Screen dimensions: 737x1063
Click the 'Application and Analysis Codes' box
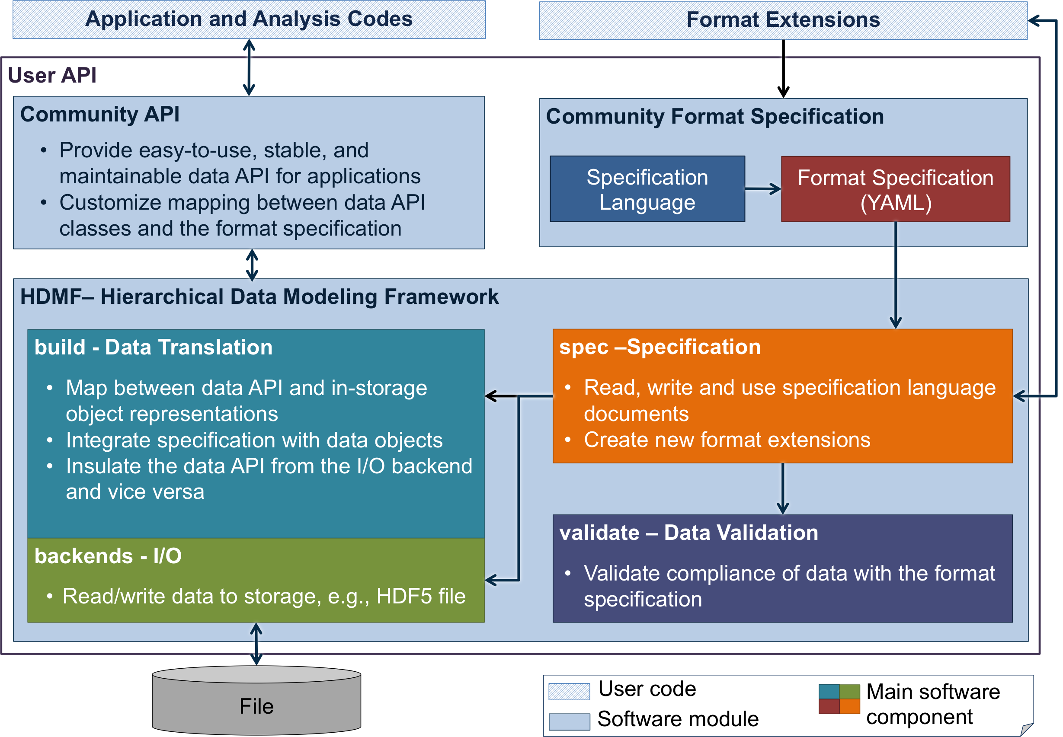[249, 19]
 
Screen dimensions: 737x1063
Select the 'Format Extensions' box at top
[783, 20]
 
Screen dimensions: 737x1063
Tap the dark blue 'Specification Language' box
[647, 189]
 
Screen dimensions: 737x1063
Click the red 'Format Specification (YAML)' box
[895, 189]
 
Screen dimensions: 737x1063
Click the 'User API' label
[52, 75]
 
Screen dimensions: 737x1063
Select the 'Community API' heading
[100, 115]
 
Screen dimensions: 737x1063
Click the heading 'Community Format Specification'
[715, 116]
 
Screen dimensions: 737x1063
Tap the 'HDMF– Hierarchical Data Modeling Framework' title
[259, 297]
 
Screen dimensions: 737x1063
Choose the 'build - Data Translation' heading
[154, 347]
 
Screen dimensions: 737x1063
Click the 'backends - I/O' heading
[108, 556]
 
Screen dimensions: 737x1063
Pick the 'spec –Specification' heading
[660, 347]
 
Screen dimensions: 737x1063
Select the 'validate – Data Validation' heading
[688, 533]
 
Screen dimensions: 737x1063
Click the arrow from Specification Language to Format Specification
[763, 189]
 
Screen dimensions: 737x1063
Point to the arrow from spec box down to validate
[783, 488]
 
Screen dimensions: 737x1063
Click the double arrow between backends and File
[256, 644]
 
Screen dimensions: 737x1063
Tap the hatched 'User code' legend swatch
[569, 691]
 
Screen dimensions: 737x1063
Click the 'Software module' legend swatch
[569, 721]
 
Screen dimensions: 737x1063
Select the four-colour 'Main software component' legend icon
[839, 699]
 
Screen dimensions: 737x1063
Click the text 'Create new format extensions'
[727, 440]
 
